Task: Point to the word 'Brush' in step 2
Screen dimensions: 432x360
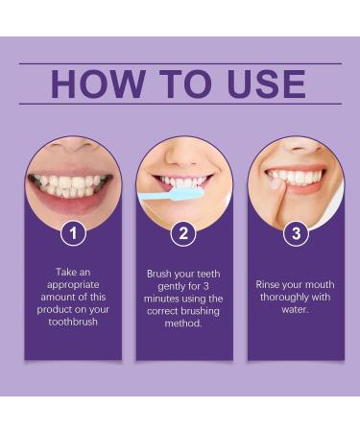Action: (x=159, y=274)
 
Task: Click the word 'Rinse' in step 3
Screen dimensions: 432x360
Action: (x=271, y=285)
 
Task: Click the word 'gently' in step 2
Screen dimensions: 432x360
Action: (x=165, y=286)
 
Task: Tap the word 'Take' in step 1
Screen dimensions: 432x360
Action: (x=57, y=274)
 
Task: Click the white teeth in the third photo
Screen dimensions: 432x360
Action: (x=296, y=178)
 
